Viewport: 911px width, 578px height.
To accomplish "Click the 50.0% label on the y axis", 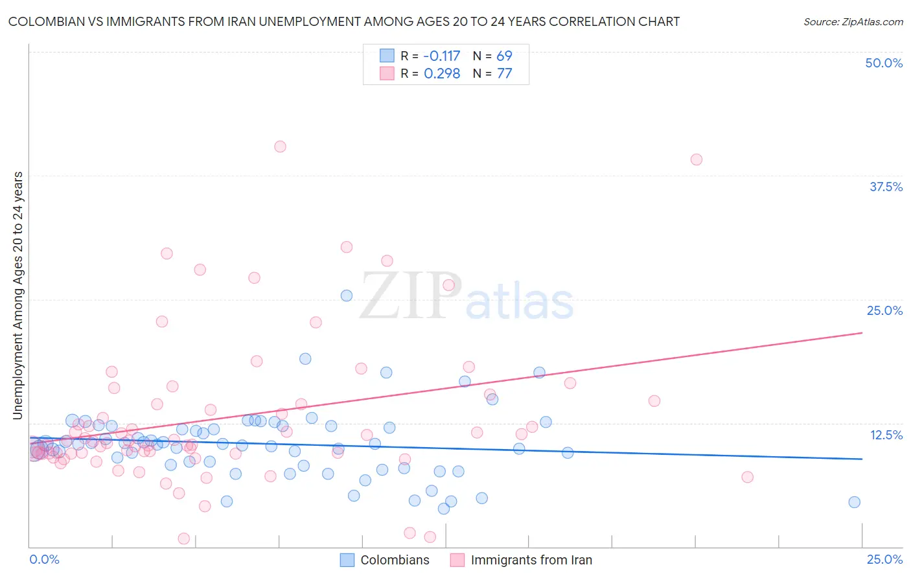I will (884, 63).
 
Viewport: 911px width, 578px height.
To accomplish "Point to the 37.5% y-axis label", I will (886, 187).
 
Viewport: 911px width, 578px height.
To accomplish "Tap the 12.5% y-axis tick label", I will (886, 435).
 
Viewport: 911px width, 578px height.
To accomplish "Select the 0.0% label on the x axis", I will (44, 559).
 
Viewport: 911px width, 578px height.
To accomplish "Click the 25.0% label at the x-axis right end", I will (884, 559).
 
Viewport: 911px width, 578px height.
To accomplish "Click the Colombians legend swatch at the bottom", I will (347, 560).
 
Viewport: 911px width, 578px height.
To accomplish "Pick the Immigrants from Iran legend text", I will (531, 560).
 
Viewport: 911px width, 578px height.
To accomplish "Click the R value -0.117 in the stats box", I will (442, 56).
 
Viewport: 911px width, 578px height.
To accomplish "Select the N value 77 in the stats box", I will (504, 73).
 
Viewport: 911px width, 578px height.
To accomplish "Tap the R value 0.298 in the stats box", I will (442, 73).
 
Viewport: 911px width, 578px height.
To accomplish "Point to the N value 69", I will (504, 56).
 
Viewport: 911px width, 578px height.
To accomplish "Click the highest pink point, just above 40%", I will (280, 146).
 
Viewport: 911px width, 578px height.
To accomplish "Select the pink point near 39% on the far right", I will (696, 159).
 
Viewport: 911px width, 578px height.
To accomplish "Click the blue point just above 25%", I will (347, 295).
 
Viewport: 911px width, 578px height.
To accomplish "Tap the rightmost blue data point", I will (854, 502).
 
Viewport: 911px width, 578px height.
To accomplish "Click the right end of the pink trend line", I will (862, 332).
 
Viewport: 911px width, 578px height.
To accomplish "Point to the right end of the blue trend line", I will (862, 459).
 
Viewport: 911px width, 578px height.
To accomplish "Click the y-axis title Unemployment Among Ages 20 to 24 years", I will (18, 295).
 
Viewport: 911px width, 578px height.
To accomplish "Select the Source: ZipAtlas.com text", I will (853, 21).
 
